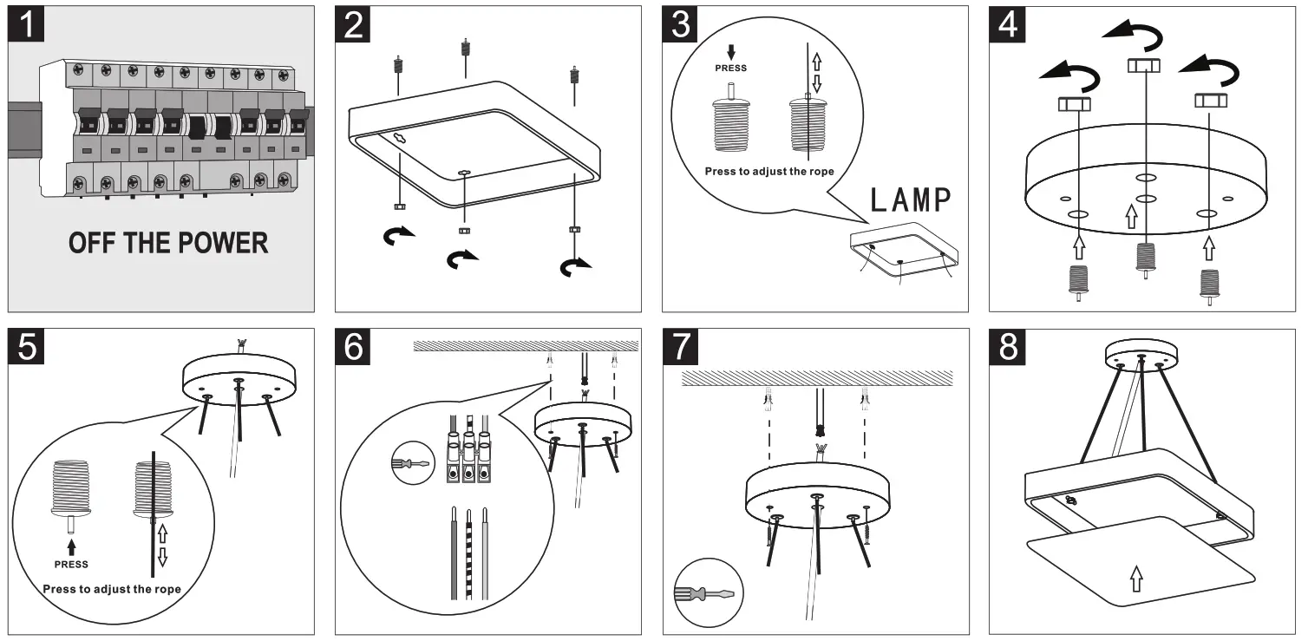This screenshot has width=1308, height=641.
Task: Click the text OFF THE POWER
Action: click(168, 243)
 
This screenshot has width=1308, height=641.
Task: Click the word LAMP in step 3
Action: click(911, 200)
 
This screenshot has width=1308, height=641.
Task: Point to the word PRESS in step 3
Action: click(731, 68)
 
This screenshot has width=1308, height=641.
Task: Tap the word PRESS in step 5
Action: click(71, 565)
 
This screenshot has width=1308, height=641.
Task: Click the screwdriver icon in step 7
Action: click(703, 594)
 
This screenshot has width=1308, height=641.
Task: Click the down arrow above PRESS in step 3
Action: click(731, 51)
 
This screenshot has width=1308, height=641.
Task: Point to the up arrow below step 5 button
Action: click(71, 546)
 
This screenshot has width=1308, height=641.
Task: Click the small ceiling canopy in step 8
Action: click(1141, 354)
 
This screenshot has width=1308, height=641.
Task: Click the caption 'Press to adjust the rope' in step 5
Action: click(112, 590)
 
